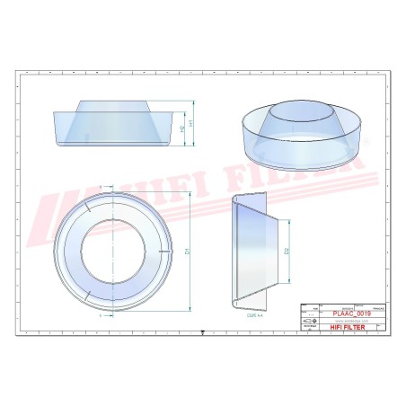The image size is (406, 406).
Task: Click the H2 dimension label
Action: pos(184,131)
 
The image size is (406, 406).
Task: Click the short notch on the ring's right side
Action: pos(163,252)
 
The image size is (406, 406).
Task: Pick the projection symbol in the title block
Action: pos(310,322)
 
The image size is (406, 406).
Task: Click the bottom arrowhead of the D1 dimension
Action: pos(192,307)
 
